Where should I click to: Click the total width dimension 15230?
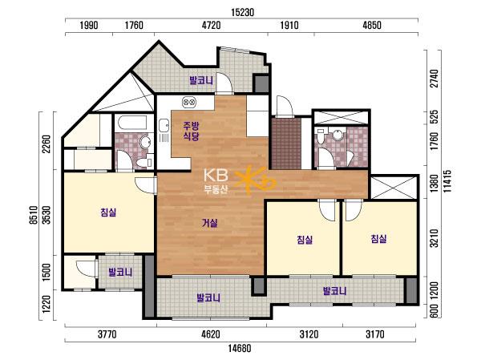(242, 13)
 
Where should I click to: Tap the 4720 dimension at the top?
(212, 25)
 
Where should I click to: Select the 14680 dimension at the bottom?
(240, 348)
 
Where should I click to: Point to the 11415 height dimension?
(447, 181)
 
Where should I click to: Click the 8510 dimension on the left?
(34, 215)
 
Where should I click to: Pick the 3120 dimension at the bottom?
(309, 334)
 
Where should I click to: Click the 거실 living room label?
(210, 223)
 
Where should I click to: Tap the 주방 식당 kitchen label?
(191, 131)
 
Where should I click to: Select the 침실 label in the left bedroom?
(108, 212)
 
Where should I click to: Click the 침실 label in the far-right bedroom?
(379, 238)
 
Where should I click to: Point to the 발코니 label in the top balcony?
(201, 81)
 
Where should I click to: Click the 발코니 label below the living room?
(208, 297)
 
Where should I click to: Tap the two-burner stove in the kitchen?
(189, 102)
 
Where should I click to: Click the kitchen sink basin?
(164, 126)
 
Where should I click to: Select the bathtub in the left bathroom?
(134, 123)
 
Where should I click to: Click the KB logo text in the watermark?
(216, 176)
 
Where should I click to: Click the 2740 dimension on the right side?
(435, 79)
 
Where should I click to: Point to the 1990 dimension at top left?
(89, 25)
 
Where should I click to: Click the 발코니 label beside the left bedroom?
(120, 273)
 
